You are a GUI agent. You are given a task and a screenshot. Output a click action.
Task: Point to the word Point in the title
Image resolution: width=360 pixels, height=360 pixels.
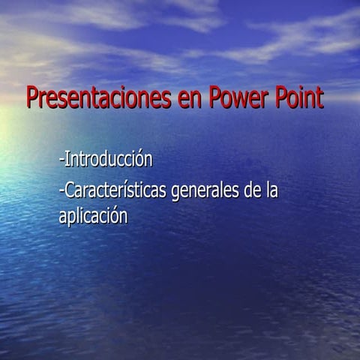(x=300, y=99)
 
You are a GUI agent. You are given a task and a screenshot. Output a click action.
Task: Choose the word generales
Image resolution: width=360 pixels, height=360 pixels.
(x=206, y=192)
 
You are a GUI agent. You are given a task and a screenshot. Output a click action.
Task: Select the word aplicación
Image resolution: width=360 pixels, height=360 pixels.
(x=94, y=216)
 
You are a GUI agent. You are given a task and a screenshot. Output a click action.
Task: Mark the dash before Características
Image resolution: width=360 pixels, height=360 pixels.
(x=61, y=193)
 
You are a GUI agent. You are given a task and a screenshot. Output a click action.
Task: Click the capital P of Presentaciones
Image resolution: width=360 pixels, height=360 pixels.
(x=32, y=98)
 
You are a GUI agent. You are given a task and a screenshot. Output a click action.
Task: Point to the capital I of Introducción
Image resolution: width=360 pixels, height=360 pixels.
(x=67, y=160)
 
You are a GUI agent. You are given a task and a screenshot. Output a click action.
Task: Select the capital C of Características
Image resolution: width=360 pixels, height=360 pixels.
(x=70, y=191)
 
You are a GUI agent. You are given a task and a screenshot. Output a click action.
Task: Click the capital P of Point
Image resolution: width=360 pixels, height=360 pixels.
(x=279, y=98)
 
